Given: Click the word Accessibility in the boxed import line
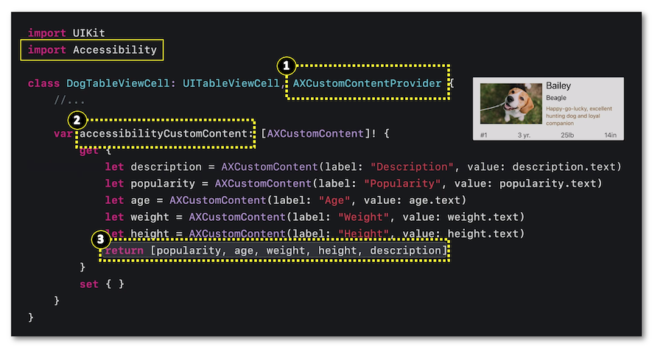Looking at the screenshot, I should (115, 50).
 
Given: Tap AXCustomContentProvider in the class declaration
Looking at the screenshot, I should (368, 83).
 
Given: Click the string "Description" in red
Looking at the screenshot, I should (403, 167).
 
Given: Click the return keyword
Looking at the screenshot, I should (124, 251).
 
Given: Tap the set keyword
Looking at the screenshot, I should (89, 284).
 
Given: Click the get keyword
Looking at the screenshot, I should (89, 150).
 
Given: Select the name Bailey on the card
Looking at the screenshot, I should (558, 86).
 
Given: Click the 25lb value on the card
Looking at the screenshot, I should (567, 135).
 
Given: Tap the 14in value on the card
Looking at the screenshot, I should (610, 135).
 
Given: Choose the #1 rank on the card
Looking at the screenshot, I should (484, 135).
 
